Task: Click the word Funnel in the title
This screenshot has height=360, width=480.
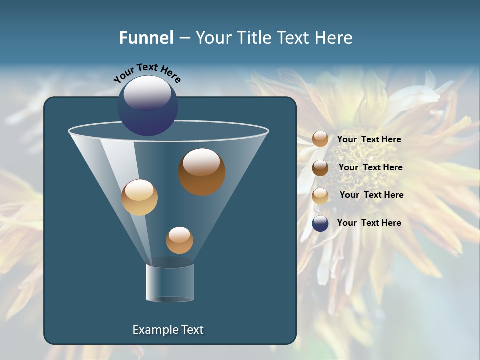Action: coord(146,37)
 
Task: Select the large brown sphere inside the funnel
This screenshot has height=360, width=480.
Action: coord(201,172)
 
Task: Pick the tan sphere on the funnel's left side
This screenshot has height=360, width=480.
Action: coord(139,197)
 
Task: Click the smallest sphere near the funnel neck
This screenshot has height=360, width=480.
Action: coord(179,240)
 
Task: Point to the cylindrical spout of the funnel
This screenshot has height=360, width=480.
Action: coord(170,283)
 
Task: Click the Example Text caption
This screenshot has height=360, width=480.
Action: coord(168,330)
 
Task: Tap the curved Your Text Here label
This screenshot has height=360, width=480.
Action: coord(147,73)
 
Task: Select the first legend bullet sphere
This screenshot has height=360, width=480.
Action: coord(320,139)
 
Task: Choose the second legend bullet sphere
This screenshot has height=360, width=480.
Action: coord(320,168)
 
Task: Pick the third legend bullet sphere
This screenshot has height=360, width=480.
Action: coord(320,196)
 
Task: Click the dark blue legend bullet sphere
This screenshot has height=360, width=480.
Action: coord(320,223)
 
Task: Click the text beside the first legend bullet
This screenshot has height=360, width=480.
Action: coord(369,139)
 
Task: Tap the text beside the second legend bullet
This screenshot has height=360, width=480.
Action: coord(370,167)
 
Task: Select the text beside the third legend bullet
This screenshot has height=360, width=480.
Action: coord(371,195)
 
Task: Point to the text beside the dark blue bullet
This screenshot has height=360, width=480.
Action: coord(369,223)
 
